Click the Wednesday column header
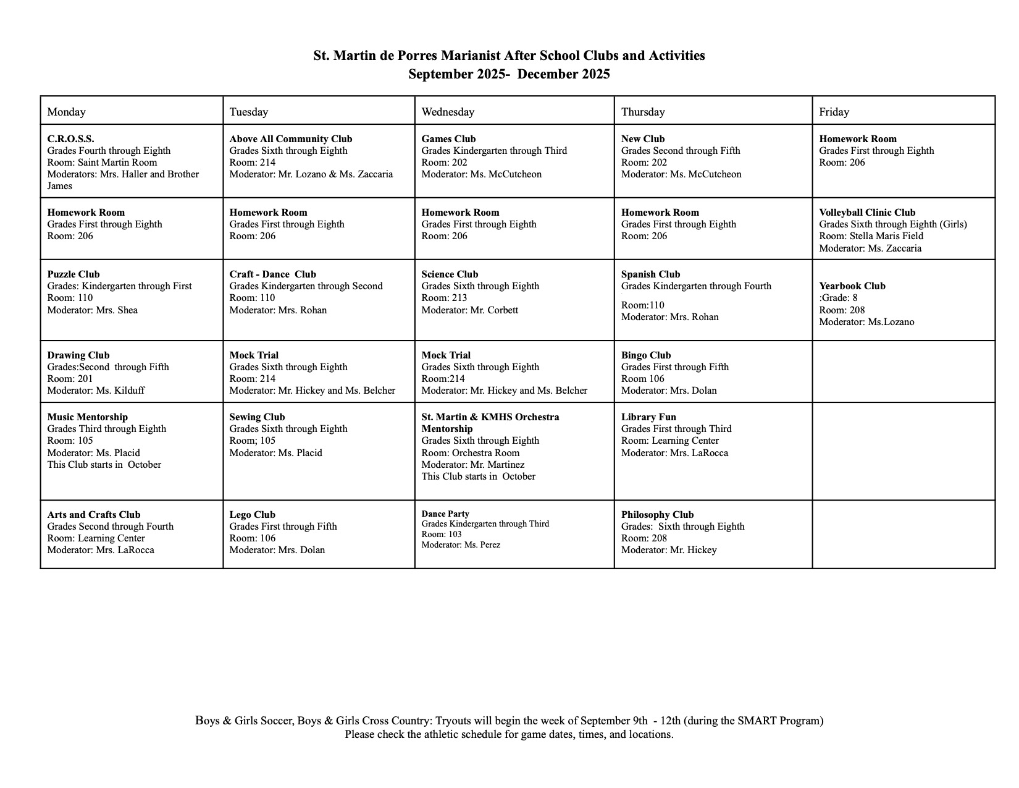tap(448, 112)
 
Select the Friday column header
tap(834, 112)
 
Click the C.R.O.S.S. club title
tap(70, 139)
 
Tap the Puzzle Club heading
tap(73, 274)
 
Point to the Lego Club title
tap(252, 515)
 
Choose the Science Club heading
tap(450, 274)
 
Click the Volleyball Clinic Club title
tap(867, 213)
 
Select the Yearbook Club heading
tap(852, 286)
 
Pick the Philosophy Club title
tap(657, 515)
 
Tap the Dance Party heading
tap(445, 514)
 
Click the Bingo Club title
tap(646, 355)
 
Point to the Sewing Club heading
tap(257, 417)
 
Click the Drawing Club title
tap(78, 355)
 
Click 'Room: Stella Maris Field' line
tap(871, 236)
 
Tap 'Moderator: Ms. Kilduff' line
tap(96, 391)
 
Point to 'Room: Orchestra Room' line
tap(471, 453)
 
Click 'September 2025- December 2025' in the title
tap(509, 75)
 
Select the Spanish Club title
tap(650, 274)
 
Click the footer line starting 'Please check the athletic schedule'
tap(509, 735)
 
